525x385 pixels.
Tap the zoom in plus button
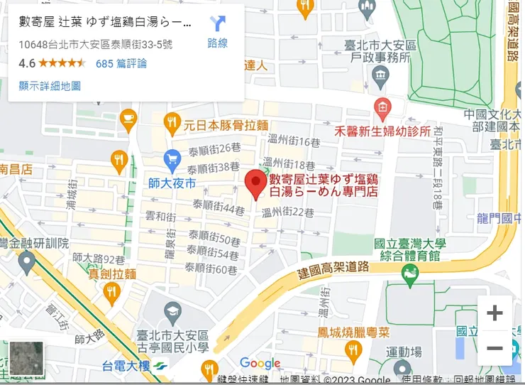(x=494, y=313)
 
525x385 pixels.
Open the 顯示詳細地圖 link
(x=50, y=85)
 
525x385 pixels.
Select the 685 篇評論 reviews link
(x=121, y=63)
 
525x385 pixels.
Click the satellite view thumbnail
(x=26, y=359)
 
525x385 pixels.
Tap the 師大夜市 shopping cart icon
(x=172, y=158)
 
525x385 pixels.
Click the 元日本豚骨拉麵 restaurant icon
(x=172, y=122)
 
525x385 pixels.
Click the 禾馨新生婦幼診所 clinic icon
(x=382, y=108)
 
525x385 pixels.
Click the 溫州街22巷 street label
(x=287, y=212)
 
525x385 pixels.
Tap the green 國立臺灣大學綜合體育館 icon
(x=409, y=272)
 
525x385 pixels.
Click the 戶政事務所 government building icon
(x=381, y=75)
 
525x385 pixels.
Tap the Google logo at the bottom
(x=260, y=364)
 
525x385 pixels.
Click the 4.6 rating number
(x=27, y=63)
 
